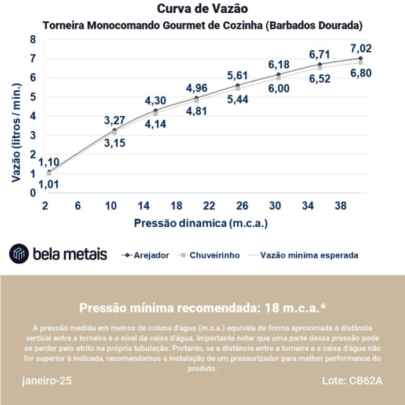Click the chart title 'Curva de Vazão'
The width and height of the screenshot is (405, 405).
[x=202, y=9]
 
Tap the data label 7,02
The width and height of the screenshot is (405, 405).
[x=360, y=49]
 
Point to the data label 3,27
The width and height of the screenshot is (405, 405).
[x=115, y=121]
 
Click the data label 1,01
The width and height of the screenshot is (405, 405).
[x=49, y=185]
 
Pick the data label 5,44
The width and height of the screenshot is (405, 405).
[x=238, y=100]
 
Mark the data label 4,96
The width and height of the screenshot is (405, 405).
[x=197, y=89]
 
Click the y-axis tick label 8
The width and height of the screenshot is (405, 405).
[x=33, y=40]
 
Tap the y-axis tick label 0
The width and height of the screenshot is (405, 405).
[x=33, y=193]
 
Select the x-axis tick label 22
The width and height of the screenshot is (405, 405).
[x=209, y=206]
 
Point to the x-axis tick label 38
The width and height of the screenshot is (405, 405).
[x=340, y=206]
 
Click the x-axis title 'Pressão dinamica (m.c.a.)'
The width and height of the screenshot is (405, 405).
[x=201, y=223]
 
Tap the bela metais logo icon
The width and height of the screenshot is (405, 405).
[x=19, y=253]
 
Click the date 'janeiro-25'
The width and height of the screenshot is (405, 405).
[x=47, y=381]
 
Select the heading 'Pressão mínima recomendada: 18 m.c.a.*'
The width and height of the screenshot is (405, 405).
[x=202, y=307]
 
